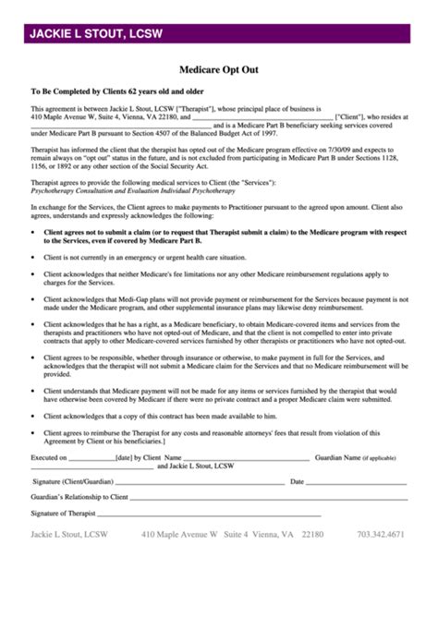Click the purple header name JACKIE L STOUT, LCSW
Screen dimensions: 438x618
(96, 34)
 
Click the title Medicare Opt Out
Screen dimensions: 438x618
(218, 68)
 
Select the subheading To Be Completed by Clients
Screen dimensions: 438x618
(103, 91)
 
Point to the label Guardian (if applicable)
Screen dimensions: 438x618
(355, 457)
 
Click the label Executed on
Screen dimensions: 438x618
(48, 457)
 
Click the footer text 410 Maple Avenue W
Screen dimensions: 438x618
(179, 534)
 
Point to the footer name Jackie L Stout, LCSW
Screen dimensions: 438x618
(69, 534)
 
